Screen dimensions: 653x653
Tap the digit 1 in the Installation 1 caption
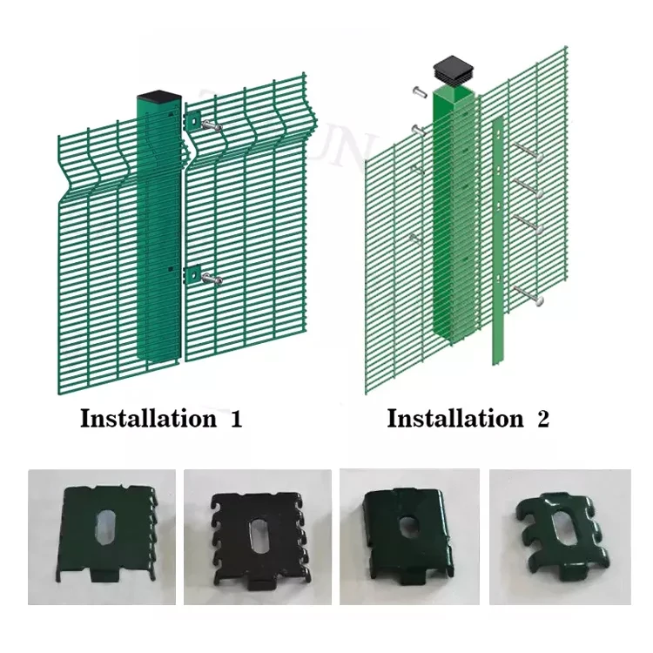coord(235,418)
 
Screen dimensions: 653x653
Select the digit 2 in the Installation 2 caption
coord(543,418)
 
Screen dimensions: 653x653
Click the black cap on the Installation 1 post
coord(158,98)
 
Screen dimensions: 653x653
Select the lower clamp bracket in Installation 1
coord(191,275)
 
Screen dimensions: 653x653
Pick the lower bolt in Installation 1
coord(211,279)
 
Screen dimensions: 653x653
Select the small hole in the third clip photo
coord(409,528)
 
